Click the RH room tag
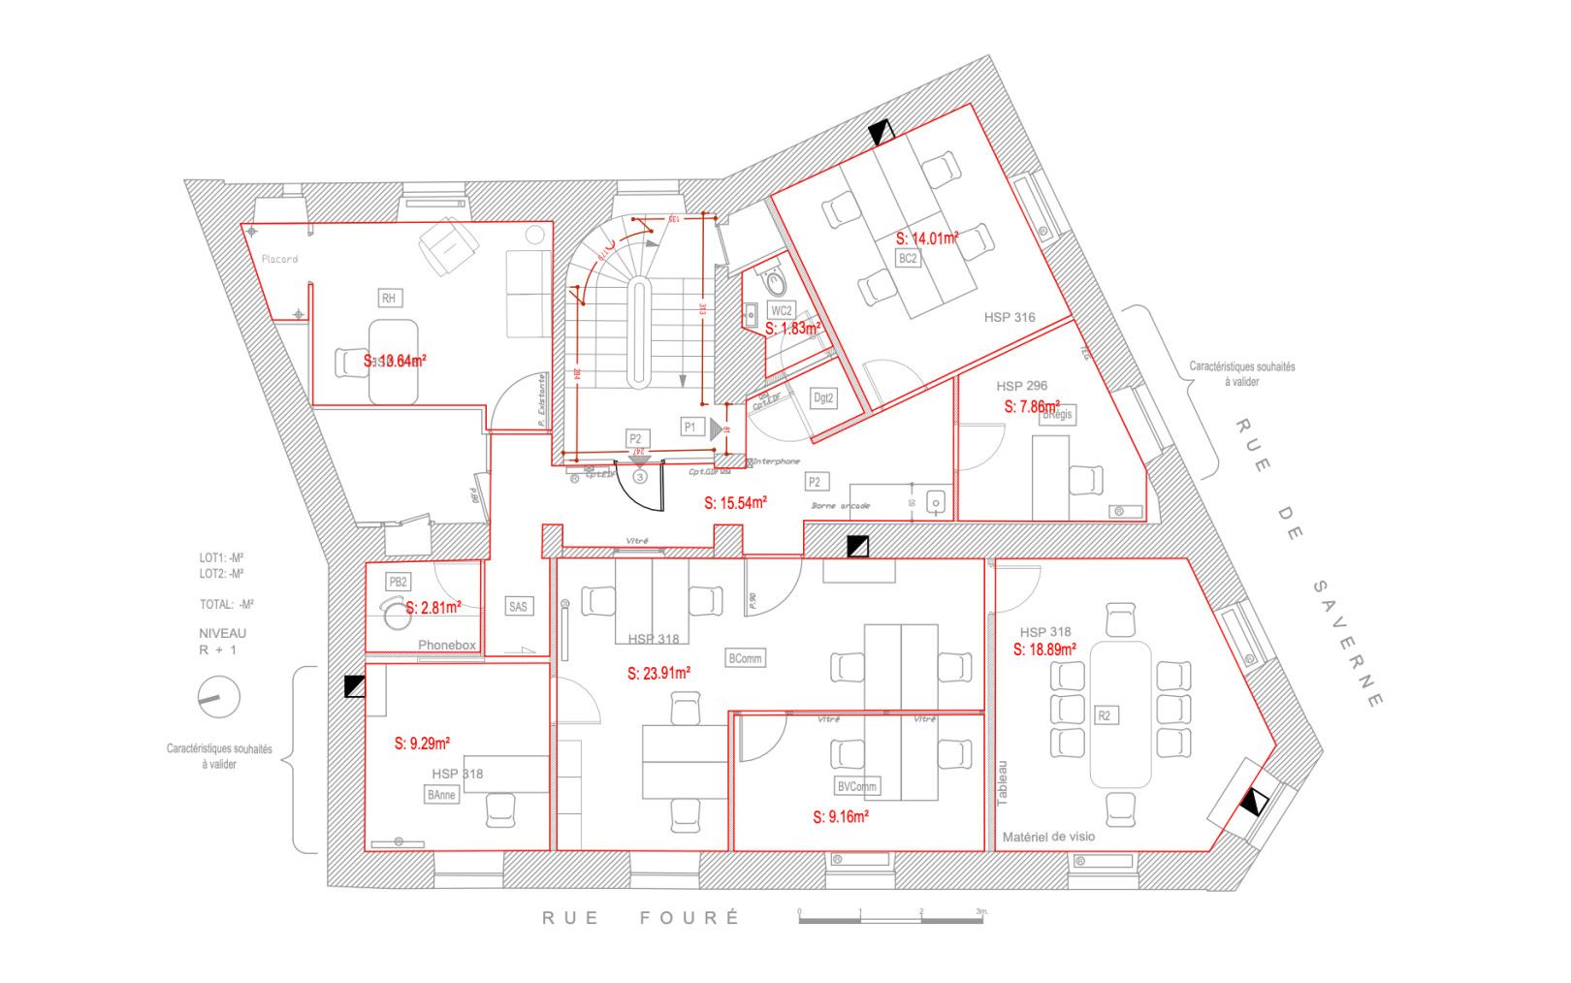(x=389, y=299)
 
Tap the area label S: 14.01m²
(x=926, y=238)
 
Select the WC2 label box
(x=781, y=310)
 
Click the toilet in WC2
(x=775, y=282)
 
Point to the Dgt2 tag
(x=823, y=397)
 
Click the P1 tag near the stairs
(x=690, y=427)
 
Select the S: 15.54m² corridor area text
(x=735, y=503)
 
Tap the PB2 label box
(x=398, y=582)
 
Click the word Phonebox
(x=446, y=645)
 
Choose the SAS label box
(x=518, y=607)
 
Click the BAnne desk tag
(x=441, y=795)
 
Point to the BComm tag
(x=745, y=658)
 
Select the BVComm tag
(x=856, y=786)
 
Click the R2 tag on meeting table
(x=1104, y=715)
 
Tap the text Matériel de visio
(x=1048, y=837)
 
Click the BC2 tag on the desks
(x=908, y=259)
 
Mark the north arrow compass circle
(x=218, y=697)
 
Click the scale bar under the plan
(x=890, y=918)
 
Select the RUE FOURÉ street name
(x=640, y=917)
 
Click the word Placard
(x=279, y=259)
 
